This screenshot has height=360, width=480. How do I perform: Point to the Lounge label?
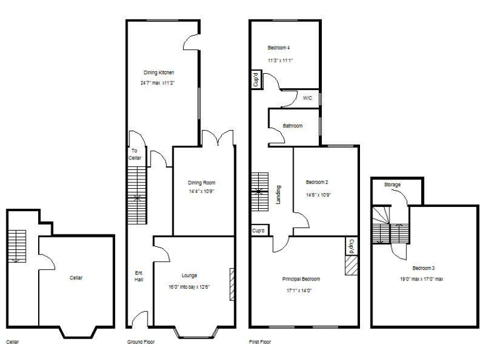click(189, 275)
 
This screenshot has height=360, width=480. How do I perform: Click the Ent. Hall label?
click(139, 276)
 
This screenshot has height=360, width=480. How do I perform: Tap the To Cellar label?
click(136, 154)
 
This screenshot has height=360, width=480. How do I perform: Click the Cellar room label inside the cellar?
click(76, 277)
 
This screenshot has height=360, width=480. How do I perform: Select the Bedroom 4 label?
click(279, 48)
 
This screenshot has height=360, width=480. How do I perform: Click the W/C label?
click(307, 99)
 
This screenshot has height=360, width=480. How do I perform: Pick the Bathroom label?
click(292, 126)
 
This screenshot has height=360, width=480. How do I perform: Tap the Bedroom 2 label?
click(317, 182)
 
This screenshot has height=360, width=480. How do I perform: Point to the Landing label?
click(278, 194)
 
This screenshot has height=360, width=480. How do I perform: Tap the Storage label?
click(392, 185)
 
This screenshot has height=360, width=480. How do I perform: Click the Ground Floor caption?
click(141, 342)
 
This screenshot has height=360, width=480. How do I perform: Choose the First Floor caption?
click(261, 342)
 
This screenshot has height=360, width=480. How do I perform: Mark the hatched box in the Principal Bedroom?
click(350, 267)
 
